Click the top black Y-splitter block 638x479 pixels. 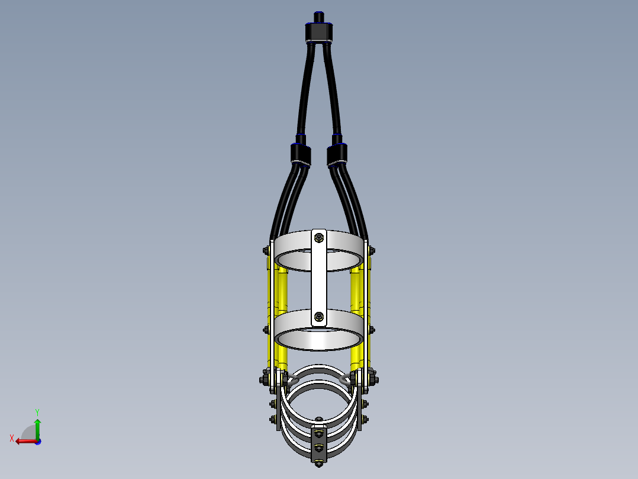[x=319, y=32]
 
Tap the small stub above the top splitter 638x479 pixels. [x=319, y=17]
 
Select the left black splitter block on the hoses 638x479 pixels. [x=301, y=155]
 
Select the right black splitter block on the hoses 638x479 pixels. [x=337, y=155]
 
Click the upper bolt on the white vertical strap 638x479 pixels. [x=319, y=237]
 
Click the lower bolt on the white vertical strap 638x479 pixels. [x=319, y=317]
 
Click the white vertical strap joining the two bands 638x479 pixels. [x=319, y=278]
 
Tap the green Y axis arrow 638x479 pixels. [x=37, y=429]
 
